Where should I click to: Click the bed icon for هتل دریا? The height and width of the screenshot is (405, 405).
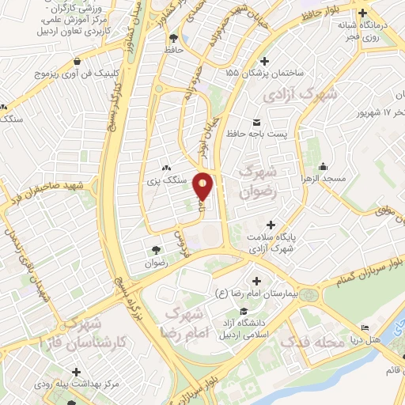(364, 328)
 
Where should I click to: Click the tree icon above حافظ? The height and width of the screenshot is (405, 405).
(173, 37)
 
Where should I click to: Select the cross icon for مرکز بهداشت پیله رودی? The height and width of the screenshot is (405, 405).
(76, 371)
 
